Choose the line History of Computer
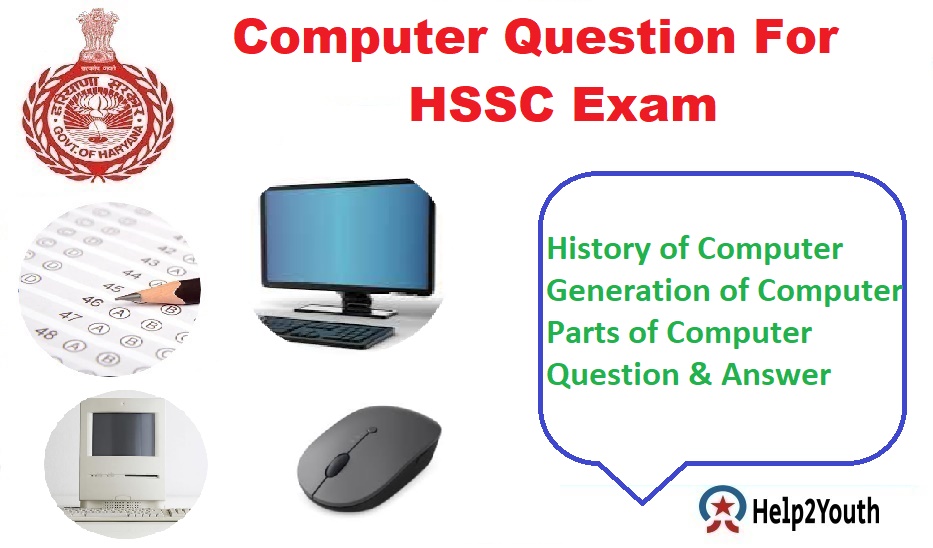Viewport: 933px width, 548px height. (x=695, y=248)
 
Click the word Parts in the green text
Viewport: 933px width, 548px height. (x=581, y=332)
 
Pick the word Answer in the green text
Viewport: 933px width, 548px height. (x=779, y=375)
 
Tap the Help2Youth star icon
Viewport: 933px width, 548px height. (x=720, y=510)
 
